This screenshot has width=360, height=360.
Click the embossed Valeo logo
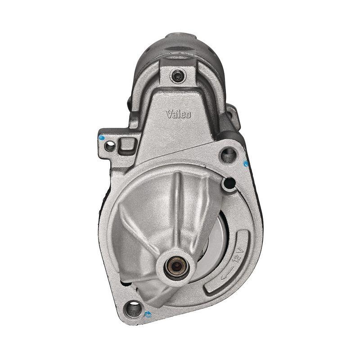tap(179, 114)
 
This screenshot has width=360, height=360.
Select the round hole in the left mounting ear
tap(109, 146)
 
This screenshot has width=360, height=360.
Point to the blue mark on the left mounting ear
tap(101, 138)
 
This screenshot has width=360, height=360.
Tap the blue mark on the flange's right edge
tap(246, 164)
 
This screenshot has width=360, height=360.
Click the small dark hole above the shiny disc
tap(229, 183)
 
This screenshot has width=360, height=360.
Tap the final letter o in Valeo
tap(188, 115)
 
